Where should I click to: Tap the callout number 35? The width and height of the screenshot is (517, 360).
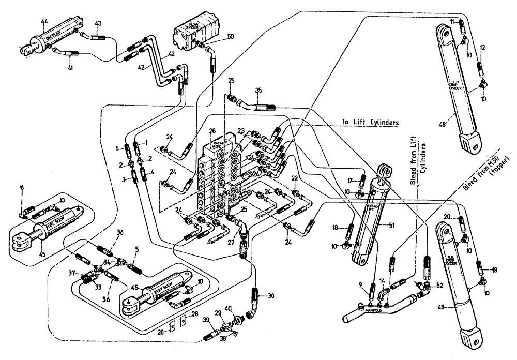click(259, 91)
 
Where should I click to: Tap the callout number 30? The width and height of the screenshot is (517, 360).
click(270, 296)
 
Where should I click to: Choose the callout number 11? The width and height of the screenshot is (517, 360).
click(452, 21)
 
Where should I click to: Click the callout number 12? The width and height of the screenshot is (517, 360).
click(482, 48)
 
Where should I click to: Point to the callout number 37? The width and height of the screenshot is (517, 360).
click(72, 273)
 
